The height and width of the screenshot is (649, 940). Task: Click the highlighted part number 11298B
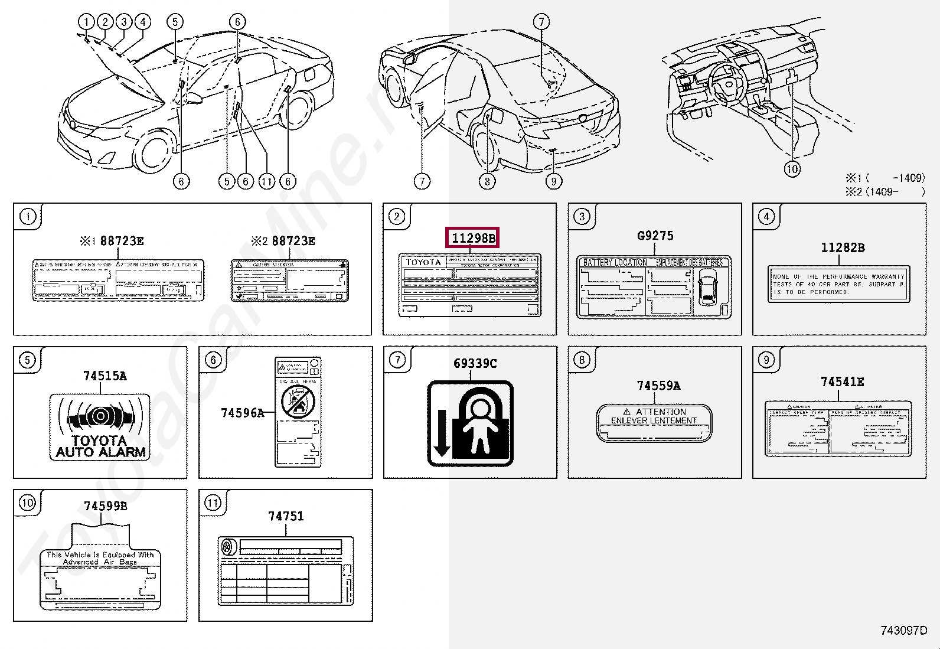473,238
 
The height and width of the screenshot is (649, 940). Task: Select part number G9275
655,236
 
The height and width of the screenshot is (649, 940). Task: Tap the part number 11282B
843,247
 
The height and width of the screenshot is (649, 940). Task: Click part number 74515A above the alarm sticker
105,376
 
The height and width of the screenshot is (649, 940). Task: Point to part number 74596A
242,412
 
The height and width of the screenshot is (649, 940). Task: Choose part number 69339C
475,363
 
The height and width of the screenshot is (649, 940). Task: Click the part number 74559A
658,386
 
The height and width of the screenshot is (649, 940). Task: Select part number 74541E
842,382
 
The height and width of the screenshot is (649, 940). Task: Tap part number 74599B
105,506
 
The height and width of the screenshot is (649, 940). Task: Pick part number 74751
286,516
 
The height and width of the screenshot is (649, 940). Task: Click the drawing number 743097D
903,631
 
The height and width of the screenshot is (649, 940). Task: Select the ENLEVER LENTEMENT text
654,420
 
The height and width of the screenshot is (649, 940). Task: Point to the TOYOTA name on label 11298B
423,262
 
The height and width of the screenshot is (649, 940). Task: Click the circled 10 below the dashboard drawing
792,169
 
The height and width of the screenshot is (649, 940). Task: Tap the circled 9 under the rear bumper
553,181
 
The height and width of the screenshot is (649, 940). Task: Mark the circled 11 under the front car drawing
267,181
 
